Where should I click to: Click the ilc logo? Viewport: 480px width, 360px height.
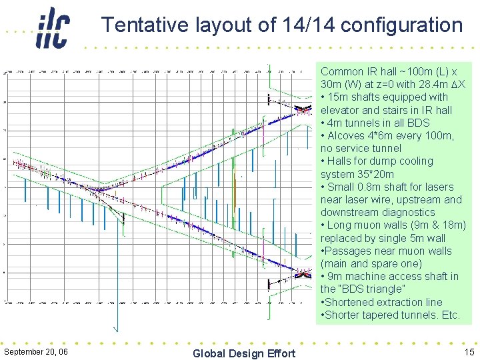click(x=53, y=28)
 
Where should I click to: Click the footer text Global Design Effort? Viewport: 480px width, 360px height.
click(x=243, y=353)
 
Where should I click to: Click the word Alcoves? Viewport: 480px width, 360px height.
click(x=350, y=135)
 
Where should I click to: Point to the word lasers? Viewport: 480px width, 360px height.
click(x=438, y=187)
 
